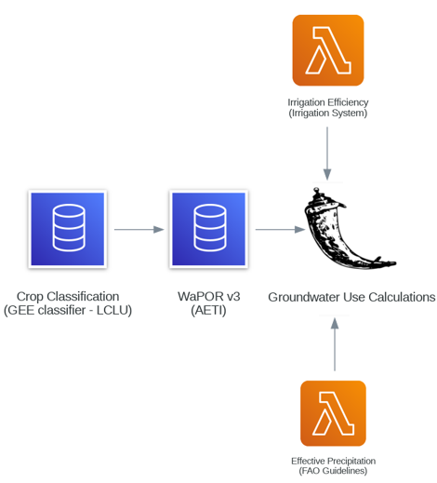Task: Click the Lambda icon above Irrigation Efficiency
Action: (x=328, y=50)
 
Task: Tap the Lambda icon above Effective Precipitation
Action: (x=333, y=413)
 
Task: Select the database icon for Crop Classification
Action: (x=68, y=229)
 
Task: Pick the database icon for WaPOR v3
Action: (x=208, y=229)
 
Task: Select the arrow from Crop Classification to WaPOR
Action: (x=139, y=229)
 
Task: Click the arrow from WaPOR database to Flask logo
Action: (x=280, y=229)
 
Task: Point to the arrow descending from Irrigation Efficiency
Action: (x=327, y=154)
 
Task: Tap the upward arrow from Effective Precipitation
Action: (x=335, y=344)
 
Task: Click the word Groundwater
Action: (x=304, y=297)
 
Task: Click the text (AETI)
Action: (x=208, y=310)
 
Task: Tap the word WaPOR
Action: (x=200, y=297)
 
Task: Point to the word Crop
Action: (x=30, y=297)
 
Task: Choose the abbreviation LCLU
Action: (x=114, y=310)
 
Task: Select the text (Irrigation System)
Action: (x=328, y=113)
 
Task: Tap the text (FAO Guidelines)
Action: (x=333, y=471)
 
